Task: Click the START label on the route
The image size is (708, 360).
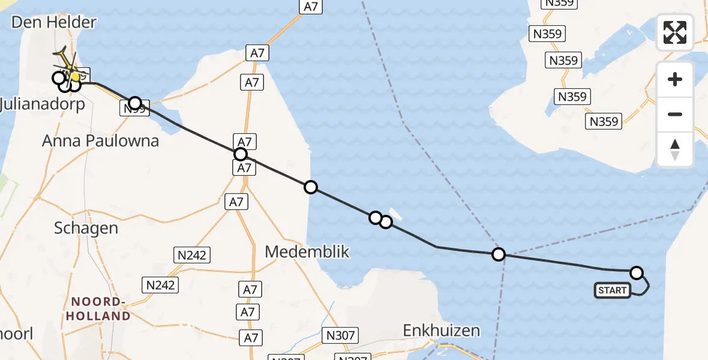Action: tap(612, 291)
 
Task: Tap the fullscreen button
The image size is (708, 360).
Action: tap(675, 32)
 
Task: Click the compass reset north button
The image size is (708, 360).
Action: tap(675, 149)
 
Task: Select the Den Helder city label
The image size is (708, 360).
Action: tap(55, 23)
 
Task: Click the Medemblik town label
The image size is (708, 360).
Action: tap(307, 251)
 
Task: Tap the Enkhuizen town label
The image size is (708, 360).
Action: tap(442, 330)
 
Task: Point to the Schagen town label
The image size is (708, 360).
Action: tap(86, 228)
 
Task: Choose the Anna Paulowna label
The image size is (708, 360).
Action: tap(100, 141)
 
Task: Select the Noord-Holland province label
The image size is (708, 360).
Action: tap(100, 308)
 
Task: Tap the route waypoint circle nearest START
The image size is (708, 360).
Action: tap(637, 273)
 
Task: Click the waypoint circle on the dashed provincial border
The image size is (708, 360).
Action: tap(498, 254)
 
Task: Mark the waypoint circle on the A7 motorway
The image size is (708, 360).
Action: tap(241, 154)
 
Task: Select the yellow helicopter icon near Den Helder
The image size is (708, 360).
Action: tap(67, 66)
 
